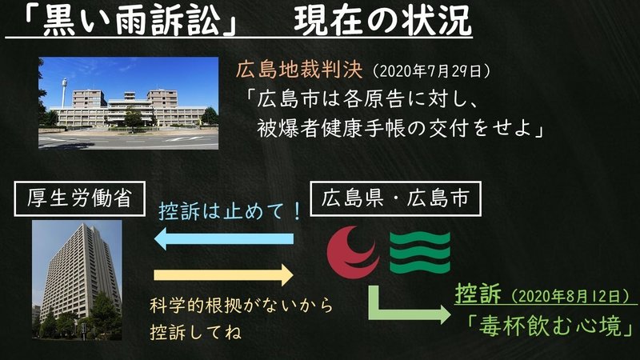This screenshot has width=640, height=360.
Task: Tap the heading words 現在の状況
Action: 382,21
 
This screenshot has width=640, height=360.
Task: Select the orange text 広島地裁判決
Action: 299,70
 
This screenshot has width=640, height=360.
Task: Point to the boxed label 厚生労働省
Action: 79,198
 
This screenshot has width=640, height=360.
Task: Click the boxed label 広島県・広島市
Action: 395,198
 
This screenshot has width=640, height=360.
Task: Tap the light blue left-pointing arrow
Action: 224,238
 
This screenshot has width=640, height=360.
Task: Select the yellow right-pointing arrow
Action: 224,274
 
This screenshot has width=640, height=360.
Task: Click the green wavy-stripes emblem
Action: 420,253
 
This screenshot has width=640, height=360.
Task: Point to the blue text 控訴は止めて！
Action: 230,211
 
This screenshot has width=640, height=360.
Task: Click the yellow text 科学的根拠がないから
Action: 242,306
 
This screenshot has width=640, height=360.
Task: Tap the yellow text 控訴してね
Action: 195,332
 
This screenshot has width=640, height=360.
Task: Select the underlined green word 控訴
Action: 478,294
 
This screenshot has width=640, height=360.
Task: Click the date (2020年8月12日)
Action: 570,296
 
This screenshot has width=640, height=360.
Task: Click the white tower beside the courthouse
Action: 64,93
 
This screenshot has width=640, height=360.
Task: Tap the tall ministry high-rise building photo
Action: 77,279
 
